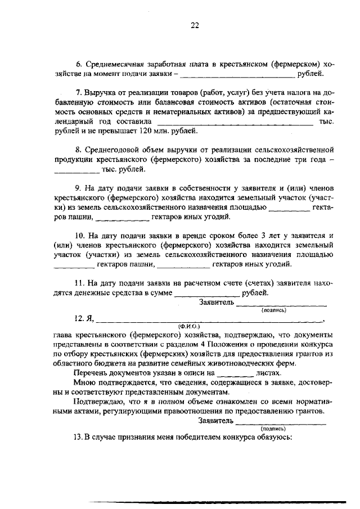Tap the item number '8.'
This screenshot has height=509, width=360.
[x=78, y=150]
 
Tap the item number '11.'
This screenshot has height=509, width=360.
[x=80, y=283]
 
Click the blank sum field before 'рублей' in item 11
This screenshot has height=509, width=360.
[x=208, y=294]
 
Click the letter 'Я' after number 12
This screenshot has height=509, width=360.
[x=90, y=318]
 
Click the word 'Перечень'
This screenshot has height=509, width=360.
[x=92, y=372]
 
